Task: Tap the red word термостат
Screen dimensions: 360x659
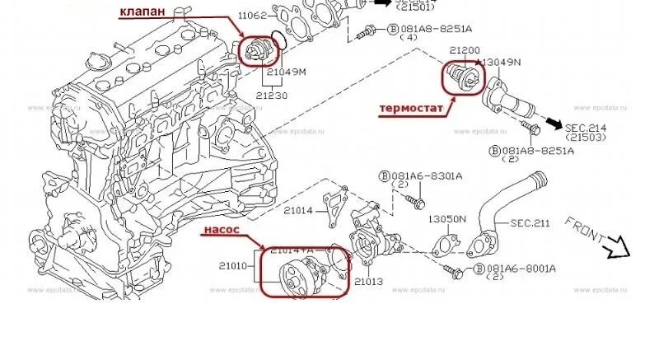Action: (410, 108)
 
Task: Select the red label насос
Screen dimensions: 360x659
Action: (222, 231)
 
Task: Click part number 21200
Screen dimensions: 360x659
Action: (465, 50)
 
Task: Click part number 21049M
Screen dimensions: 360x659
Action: (284, 72)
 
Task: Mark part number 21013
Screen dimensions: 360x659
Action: (369, 282)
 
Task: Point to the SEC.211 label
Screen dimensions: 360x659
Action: (530, 222)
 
